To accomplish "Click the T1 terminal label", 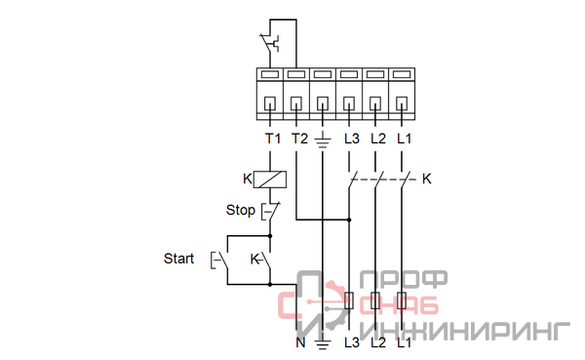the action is (273, 139).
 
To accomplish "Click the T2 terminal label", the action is (299, 139).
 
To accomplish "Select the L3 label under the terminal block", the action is (351, 139).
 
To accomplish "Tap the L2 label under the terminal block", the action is (378, 139).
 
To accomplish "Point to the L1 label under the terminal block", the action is (404, 139).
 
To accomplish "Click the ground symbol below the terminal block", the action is (323, 141).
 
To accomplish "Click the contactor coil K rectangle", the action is (270, 180).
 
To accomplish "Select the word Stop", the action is (240, 210).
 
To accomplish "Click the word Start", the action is (178, 259).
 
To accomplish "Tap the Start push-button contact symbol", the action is (220, 260).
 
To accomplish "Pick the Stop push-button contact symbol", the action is (270, 212).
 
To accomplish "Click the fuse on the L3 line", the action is (349, 300).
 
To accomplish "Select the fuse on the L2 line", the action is (375, 300).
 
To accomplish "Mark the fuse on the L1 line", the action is (402, 300).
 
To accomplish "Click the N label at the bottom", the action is (300, 342).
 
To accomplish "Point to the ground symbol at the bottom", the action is (323, 343).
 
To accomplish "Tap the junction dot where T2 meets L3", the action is (349, 220).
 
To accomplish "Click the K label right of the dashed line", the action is (426, 179).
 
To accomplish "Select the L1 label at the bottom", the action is (404, 342).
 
